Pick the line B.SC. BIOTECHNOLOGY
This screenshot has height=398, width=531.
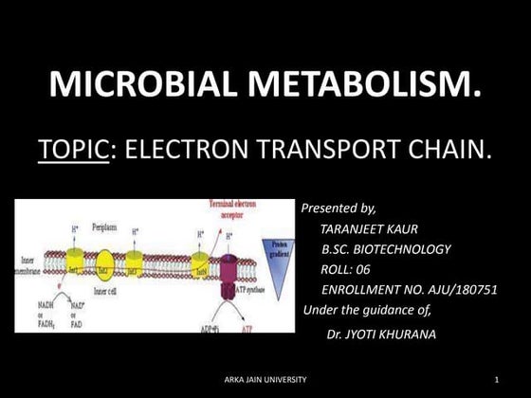[x=386, y=249]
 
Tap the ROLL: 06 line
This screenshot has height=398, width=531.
[x=345, y=269]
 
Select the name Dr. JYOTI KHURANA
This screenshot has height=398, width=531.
[x=382, y=335]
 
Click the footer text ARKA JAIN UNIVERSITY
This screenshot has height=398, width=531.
[x=265, y=380]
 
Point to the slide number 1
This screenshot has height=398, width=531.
[x=496, y=380]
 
